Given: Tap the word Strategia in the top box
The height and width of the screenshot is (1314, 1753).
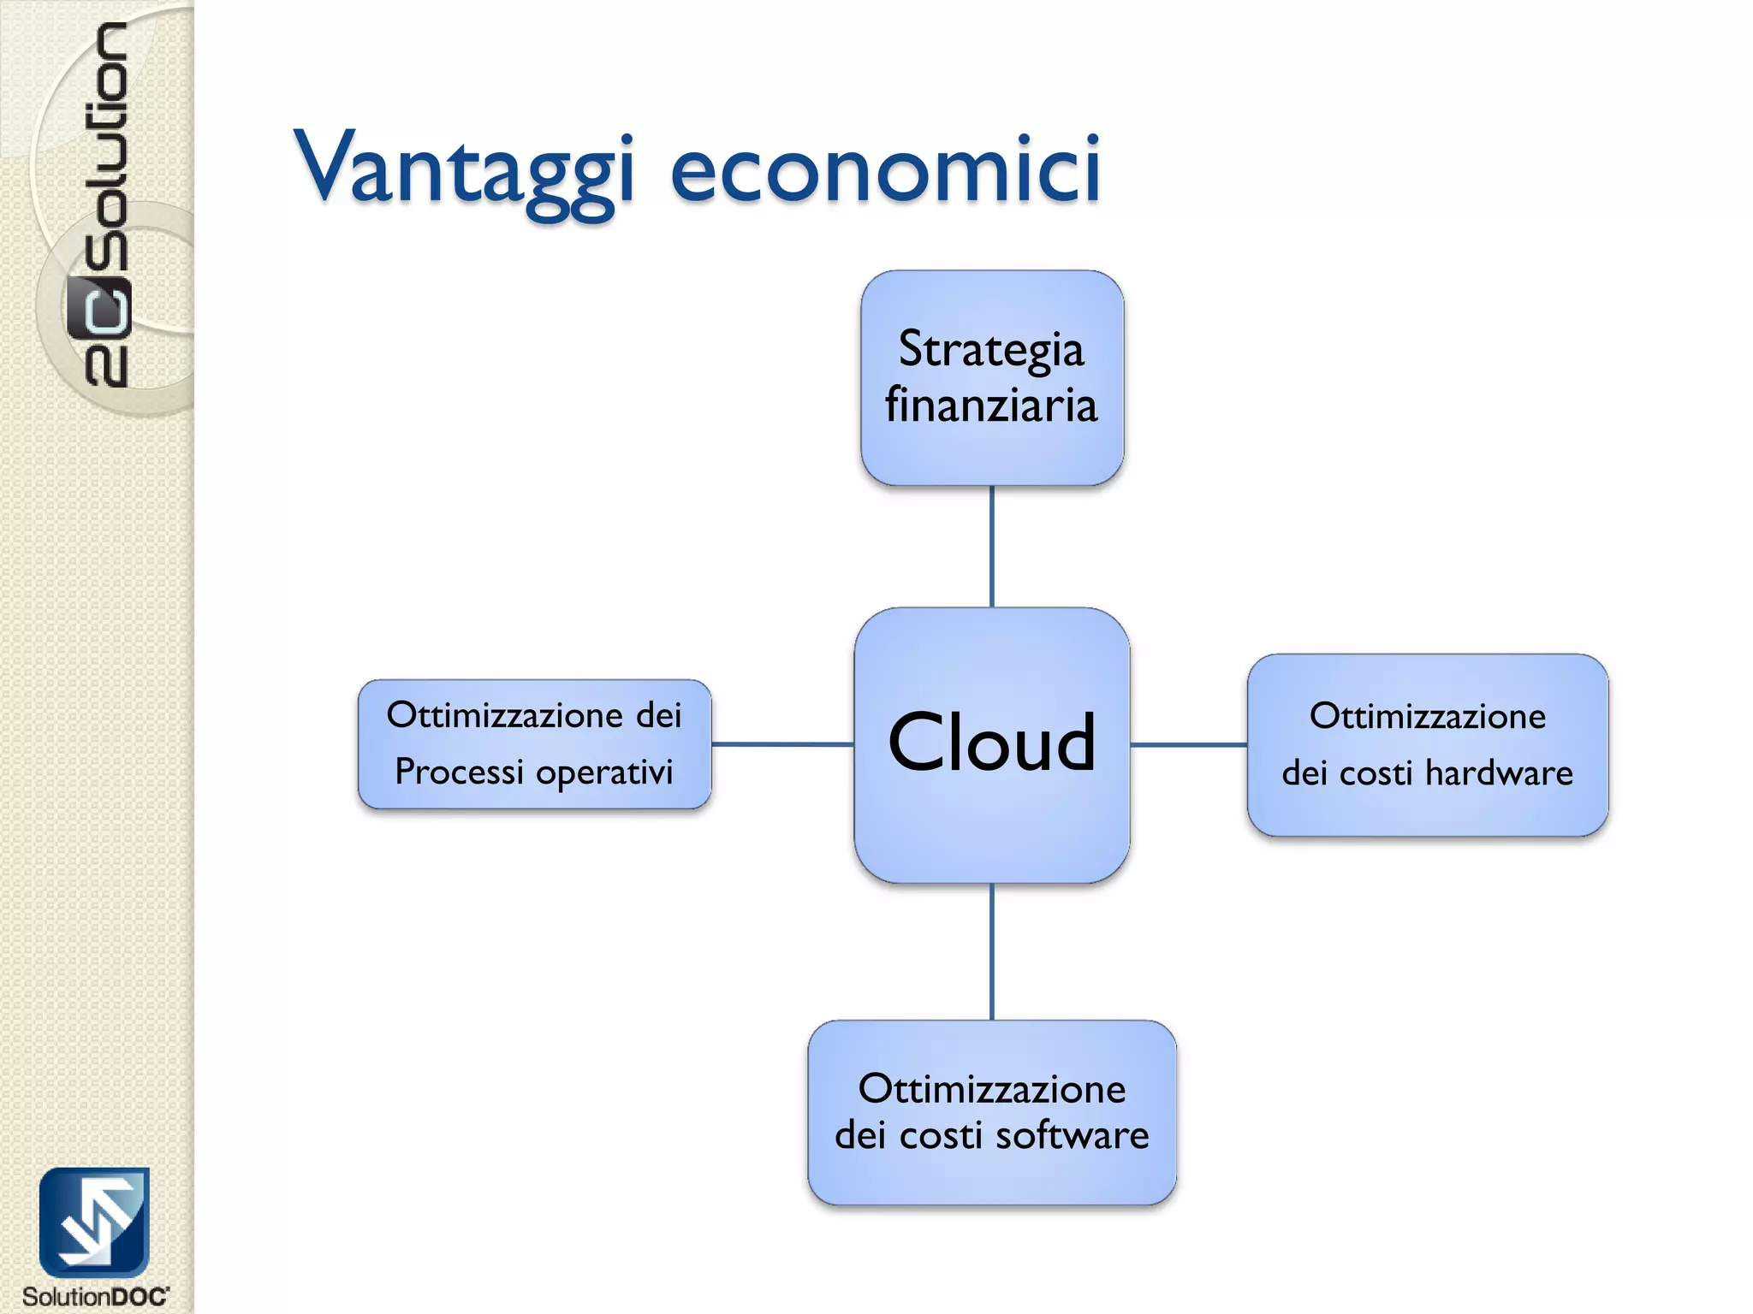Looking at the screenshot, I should click(x=991, y=349).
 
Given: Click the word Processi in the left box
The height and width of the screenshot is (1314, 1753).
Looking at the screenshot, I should click(x=459, y=772).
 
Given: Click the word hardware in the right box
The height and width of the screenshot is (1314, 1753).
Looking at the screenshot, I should click(x=1499, y=773).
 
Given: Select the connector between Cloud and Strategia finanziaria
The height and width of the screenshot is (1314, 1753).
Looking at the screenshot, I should click(x=991, y=547).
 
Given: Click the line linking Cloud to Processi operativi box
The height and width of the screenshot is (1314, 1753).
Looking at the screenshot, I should click(x=782, y=744).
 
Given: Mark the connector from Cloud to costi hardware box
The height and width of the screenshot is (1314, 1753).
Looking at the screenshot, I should click(x=1188, y=745).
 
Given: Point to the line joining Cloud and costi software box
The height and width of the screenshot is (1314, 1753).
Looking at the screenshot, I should click(x=991, y=951).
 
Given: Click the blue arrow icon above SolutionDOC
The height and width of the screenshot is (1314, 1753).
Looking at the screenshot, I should click(x=94, y=1222).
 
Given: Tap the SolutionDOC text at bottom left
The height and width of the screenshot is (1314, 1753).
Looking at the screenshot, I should click(x=95, y=1297).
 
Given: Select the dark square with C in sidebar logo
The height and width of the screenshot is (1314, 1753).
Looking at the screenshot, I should click(x=98, y=307).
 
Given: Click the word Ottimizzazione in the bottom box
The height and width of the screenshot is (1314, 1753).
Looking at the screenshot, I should click(x=991, y=1090).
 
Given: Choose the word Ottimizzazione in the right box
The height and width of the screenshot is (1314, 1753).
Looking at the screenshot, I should click(x=1427, y=717).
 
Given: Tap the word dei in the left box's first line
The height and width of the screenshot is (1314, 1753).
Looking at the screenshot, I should click(x=658, y=715).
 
